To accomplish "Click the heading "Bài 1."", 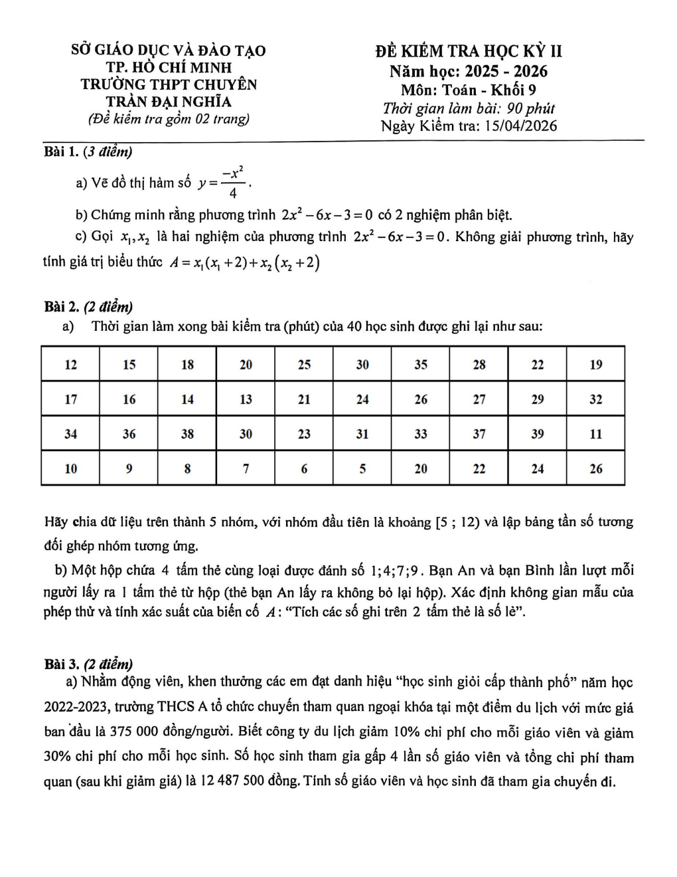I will tap(61, 152).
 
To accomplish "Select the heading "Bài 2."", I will tap(61, 307).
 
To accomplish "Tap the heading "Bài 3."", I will tap(61, 664).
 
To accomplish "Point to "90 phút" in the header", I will tap(530, 108).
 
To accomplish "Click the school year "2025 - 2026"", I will tap(506, 71).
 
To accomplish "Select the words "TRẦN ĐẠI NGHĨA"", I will tap(169, 102).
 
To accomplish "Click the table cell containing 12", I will tap(70, 364).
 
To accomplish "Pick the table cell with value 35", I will tap(421, 364).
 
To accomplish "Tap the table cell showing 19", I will tap(596, 364).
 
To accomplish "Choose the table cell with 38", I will tap(188, 434).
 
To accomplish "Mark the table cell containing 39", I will tap(538, 434).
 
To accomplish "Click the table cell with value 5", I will tap(362, 468).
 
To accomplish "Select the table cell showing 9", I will tap(129, 468).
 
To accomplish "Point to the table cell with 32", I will tap(596, 399).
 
